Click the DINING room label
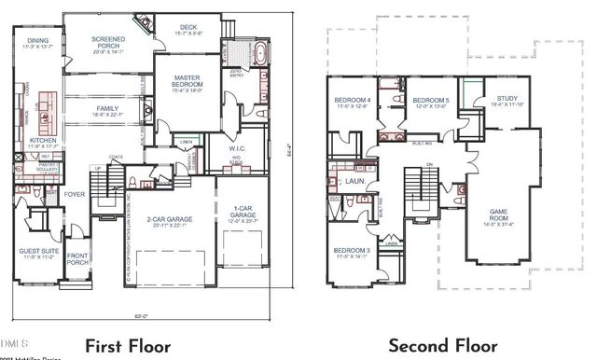[x=36, y=41]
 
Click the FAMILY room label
[x=107, y=109]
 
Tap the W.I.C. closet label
[x=236, y=147]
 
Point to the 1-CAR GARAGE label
[x=242, y=212]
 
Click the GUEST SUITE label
[x=37, y=251]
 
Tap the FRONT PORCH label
[x=77, y=260]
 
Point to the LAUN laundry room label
[x=354, y=183]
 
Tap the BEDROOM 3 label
[x=354, y=251]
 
